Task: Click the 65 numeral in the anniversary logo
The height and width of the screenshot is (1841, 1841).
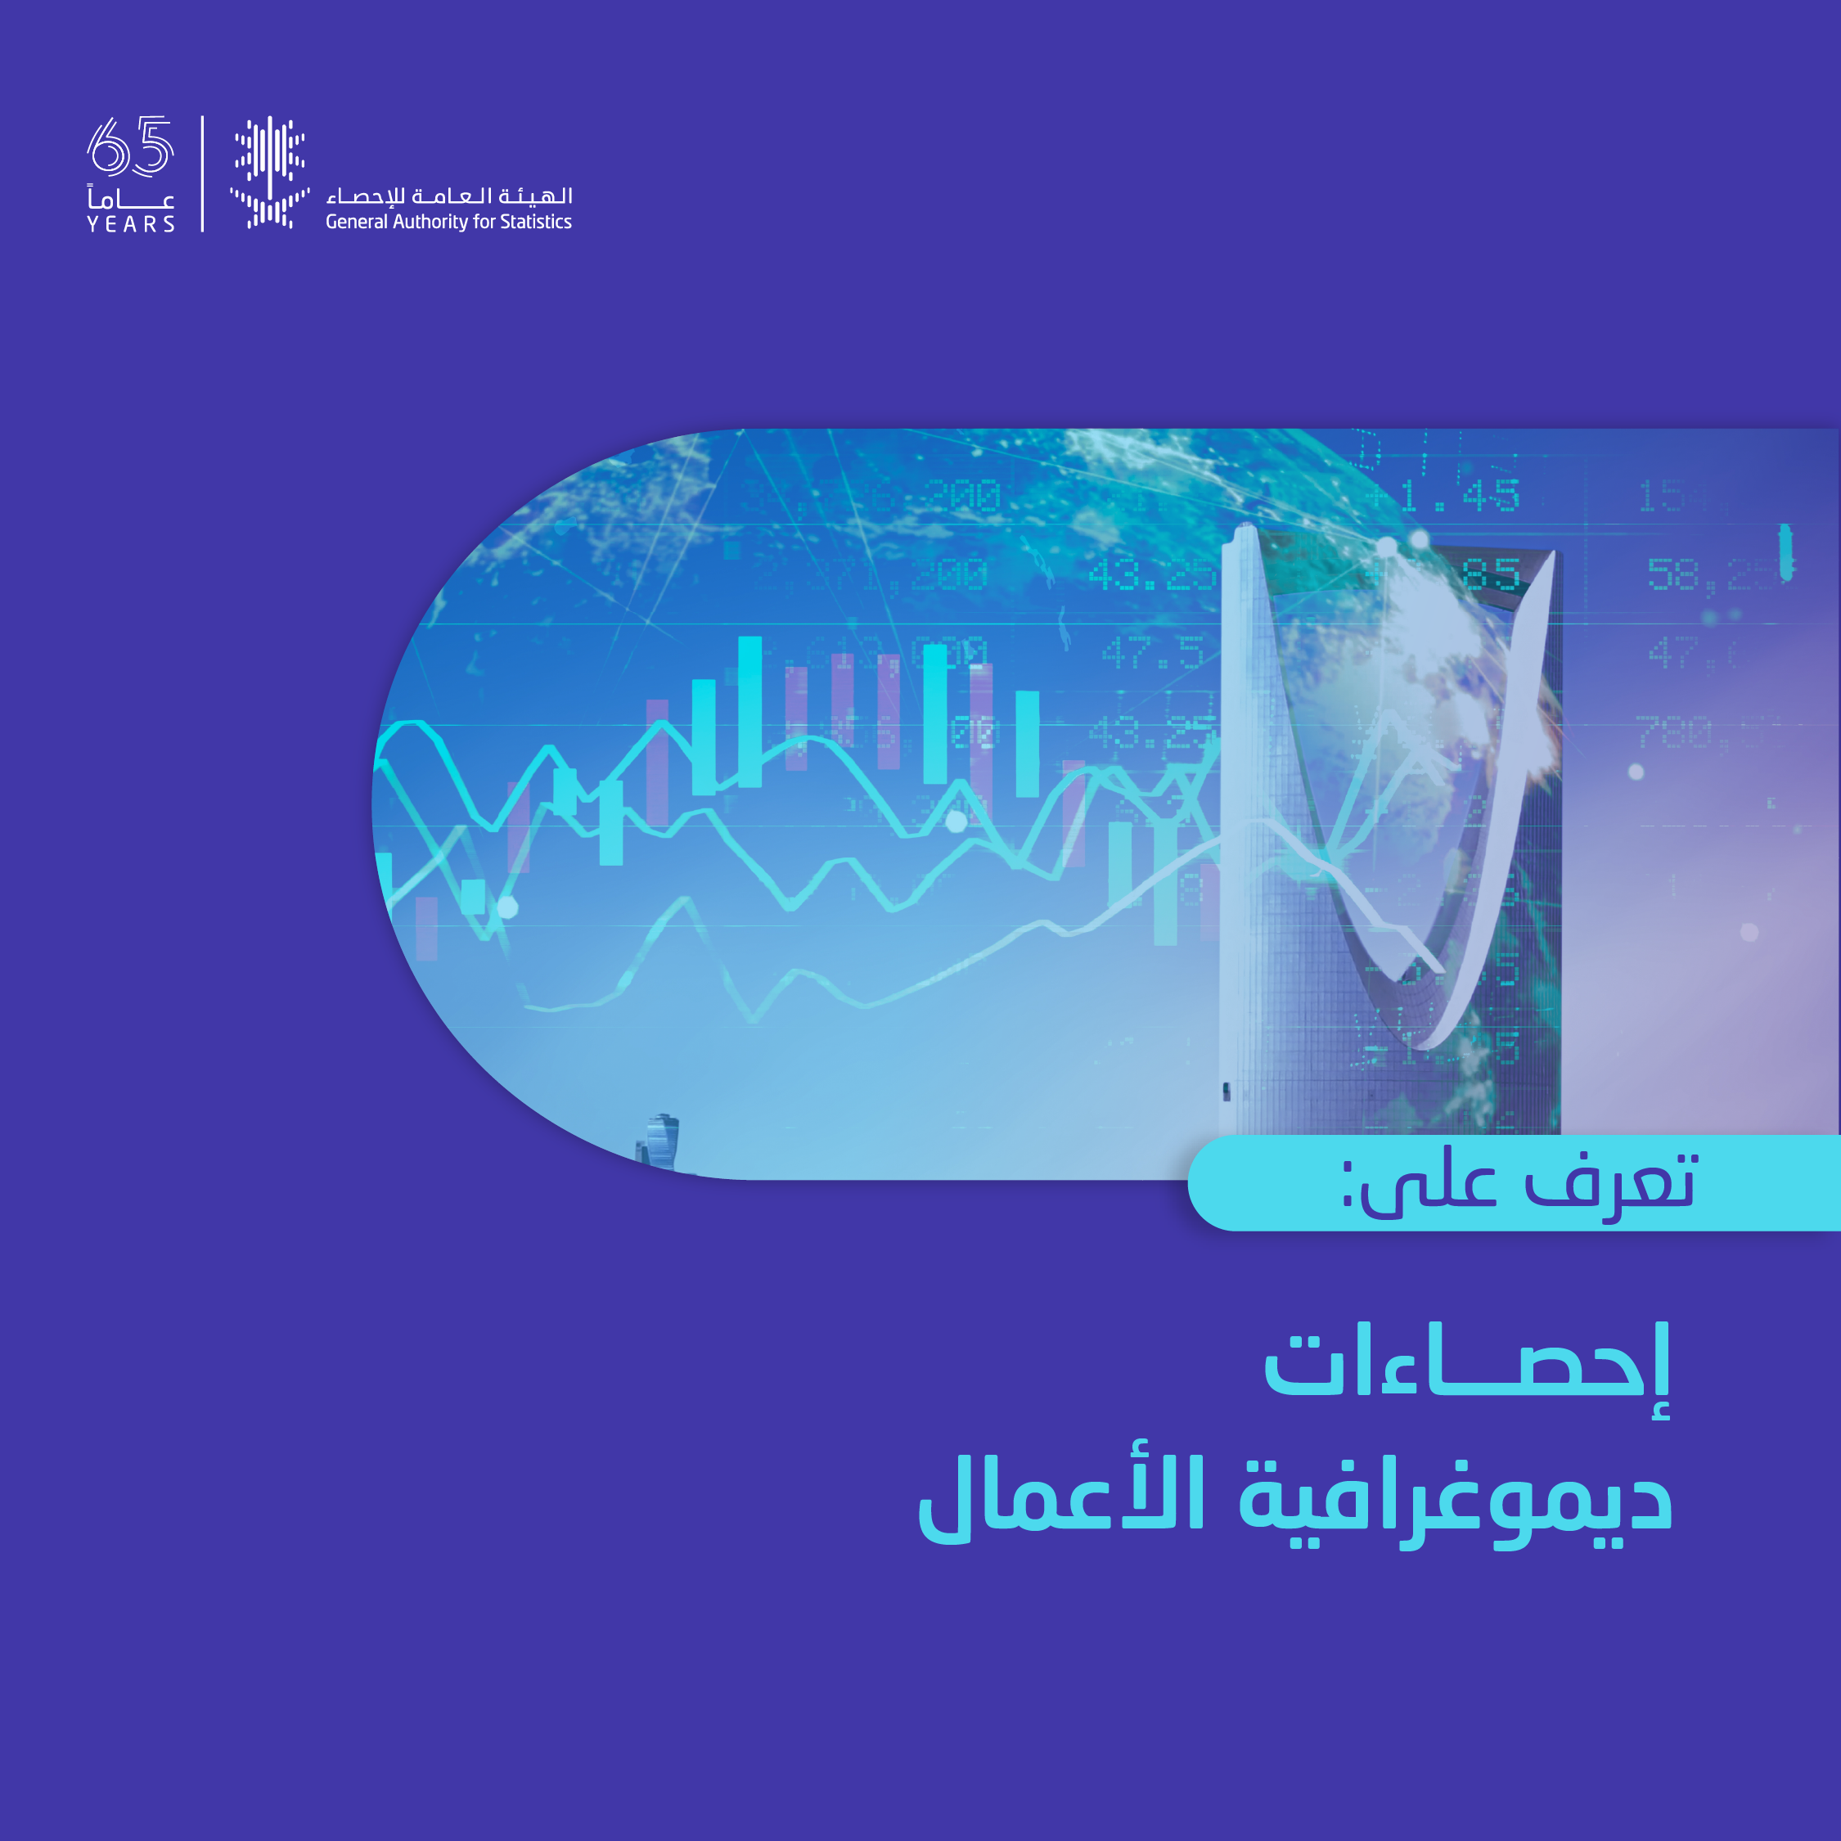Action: point(131,146)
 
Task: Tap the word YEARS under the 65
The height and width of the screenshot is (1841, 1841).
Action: point(131,224)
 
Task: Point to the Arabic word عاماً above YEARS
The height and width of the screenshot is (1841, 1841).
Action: point(131,198)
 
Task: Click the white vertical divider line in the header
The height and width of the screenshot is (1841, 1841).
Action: point(202,173)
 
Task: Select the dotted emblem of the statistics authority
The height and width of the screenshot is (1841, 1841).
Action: point(270,173)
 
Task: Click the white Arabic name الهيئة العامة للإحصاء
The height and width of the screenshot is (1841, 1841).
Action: point(449,196)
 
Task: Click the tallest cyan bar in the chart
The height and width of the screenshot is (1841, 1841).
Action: point(750,711)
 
